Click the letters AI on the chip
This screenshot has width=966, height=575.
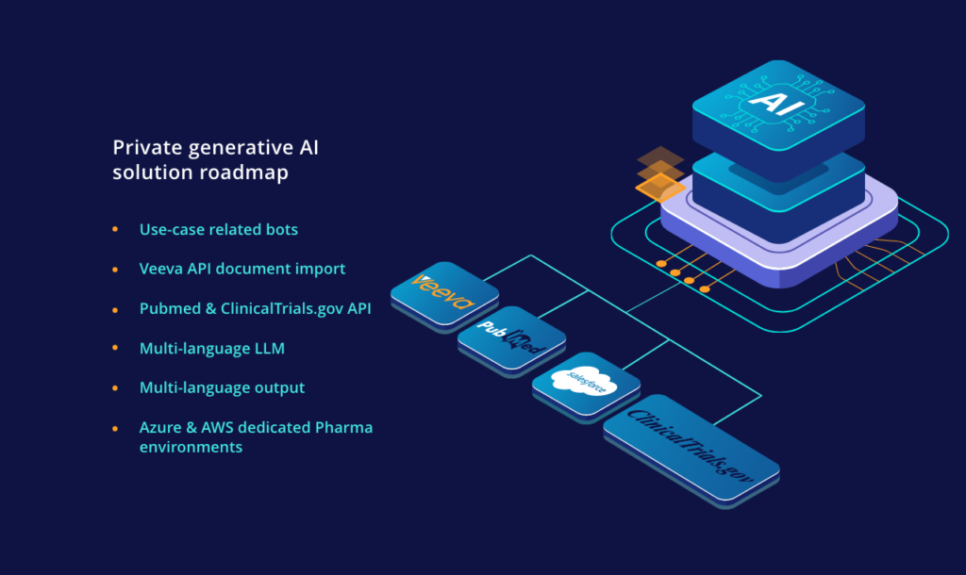point(776,101)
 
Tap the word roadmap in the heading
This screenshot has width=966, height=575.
point(253,172)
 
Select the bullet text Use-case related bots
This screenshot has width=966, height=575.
point(219,229)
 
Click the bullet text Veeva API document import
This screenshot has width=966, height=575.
point(242,269)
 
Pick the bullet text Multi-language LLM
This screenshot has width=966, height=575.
point(212,348)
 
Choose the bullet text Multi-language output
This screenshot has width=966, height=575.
point(222,387)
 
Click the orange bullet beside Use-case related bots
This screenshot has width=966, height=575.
point(115,229)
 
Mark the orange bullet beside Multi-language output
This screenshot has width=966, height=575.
point(115,387)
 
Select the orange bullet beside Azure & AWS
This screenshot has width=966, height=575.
point(115,427)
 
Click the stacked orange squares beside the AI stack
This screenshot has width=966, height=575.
point(659,172)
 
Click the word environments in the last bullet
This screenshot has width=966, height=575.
point(191,447)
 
